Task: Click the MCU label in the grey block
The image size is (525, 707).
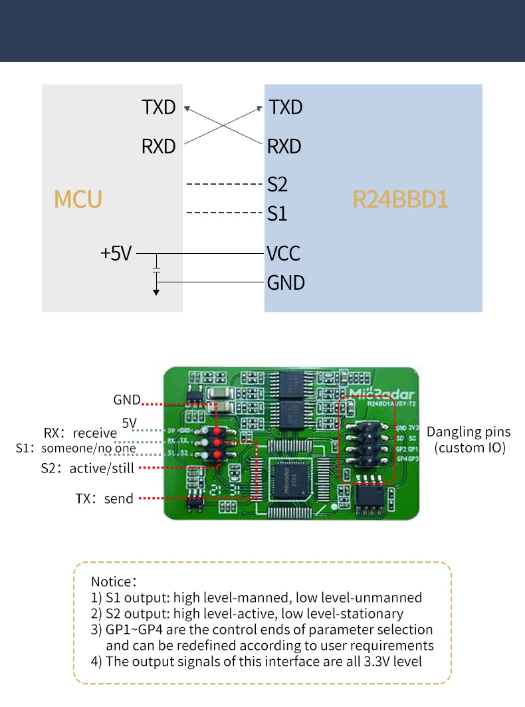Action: click(x=78, y=199)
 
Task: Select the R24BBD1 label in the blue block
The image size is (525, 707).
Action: click(x=400, y=199)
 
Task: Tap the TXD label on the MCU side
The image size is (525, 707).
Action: click(x=159, y=107)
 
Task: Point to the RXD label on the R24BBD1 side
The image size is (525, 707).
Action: click(x=284, y=146)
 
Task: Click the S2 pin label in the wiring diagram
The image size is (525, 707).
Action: click(x=277, y=183)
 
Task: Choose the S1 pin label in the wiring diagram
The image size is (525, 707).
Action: click(x=277, y=214)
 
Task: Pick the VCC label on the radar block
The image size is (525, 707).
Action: click(x=284, y=253)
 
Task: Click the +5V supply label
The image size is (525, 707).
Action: click(x=116, y=253)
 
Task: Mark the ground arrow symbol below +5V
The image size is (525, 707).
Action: click(x=156, y=290)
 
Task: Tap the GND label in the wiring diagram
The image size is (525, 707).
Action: click(x=286, y=282)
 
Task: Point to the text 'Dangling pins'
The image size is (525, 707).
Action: click(x=469, y=432)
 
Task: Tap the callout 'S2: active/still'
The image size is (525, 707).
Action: click(x=88, y=468)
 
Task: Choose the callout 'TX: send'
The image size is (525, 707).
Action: click(x=104, y=498)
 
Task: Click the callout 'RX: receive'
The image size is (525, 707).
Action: click(x=80, y=433)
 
